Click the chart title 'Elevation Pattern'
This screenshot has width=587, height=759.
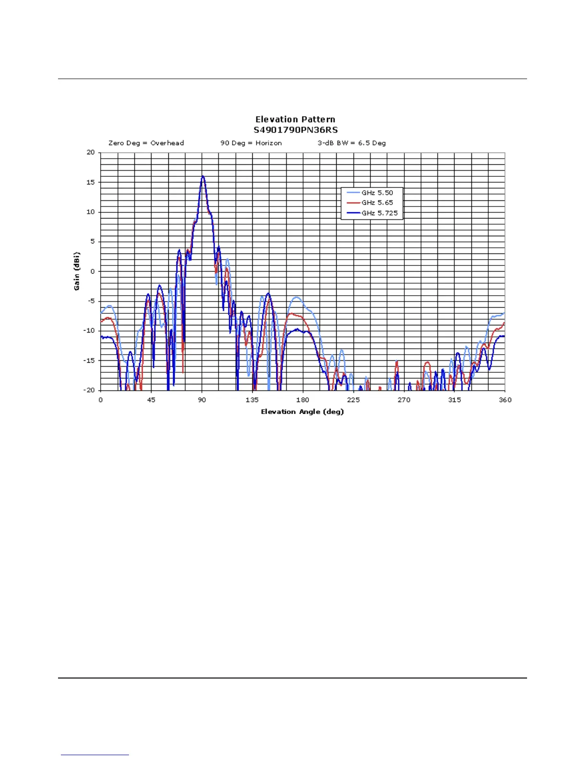point(295,119)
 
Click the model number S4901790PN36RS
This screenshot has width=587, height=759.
point(295,130)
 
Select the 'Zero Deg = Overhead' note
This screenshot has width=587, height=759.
point(146,143)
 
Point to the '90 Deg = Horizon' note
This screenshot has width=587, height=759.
point(251,143)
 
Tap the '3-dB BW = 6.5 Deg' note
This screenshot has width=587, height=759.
point(352,143)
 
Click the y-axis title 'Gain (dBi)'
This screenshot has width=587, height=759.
point(77,271)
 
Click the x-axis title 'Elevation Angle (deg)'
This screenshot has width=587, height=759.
point(302,412)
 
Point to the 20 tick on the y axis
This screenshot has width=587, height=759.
point(91,152)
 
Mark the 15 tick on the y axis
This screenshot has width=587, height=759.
point(91,182)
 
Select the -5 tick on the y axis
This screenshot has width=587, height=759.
point(90,301)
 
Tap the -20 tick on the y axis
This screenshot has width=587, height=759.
point(89,390)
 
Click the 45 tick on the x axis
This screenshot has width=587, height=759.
point(151,400)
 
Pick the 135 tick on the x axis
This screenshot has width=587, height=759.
point(252,400)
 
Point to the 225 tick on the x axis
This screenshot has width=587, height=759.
point(353,400)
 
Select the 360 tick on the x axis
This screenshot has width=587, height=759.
point(505,400)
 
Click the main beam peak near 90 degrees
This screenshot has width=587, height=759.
point(202,176)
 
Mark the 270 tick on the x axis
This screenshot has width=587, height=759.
point(404,400)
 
